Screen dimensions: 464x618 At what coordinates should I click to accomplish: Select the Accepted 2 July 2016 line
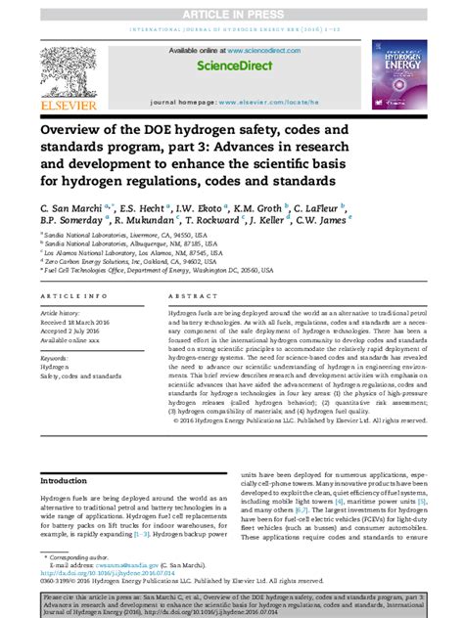pos(80,330)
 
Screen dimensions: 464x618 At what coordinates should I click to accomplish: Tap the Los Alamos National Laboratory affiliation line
pos(126,252)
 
